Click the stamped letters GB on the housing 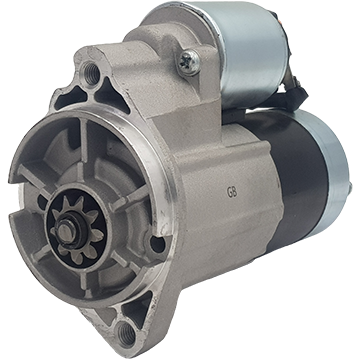pyautogui.click(x=232, y=193)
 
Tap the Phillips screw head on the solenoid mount pyautogui.click(x=189, y=62)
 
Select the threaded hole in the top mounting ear pyautogui.click(x=92, y=73)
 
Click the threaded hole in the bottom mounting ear pyautogui.click(x=127, y=332)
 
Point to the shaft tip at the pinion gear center pyautogui.click(x=66, y=229)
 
